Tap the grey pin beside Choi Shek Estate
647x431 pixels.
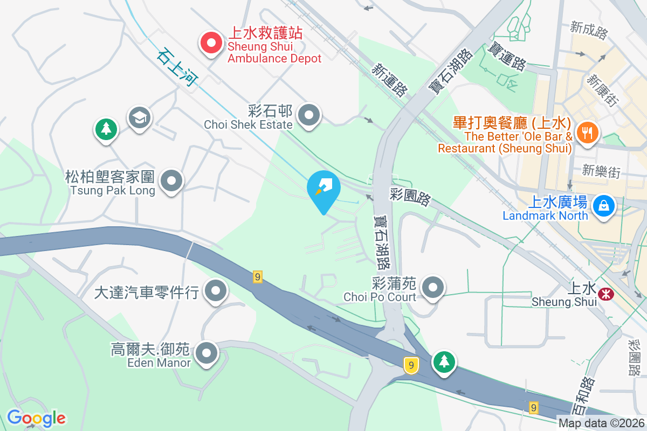pyautogui.click(x=309, y=115)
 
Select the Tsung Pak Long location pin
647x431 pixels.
pyautogui.click(x=172, y=180)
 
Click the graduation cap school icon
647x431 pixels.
pyautogui.click(x=140, y=117)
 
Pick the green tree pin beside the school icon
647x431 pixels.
pyautogui.click(x=106, y=128)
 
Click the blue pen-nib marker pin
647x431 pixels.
pyautogui.click(x=323, y=187)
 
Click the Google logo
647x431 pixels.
pyautogui.click(x=36, y=418)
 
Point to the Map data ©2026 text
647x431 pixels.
pyautogui.click(x=601, y=423)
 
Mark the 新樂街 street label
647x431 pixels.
pyautogui.click(x=601, y=172)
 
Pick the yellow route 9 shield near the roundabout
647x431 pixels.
pyautogui.click(x=411, y=365)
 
